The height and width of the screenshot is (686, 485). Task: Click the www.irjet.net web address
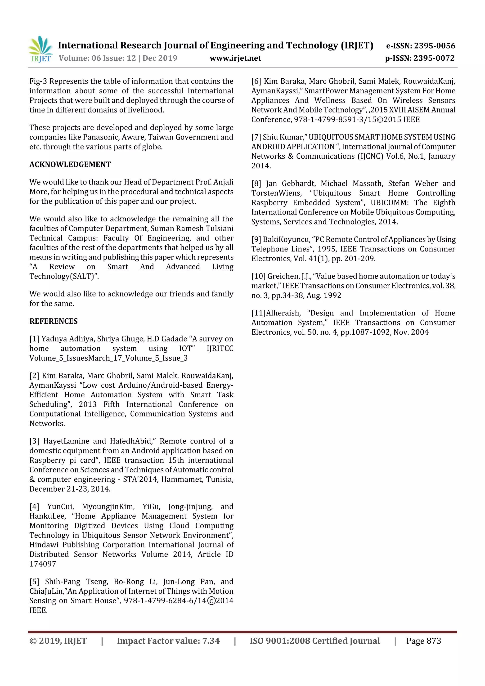click(x=235, y=58)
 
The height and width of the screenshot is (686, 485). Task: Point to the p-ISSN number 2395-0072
click(x=434, y=58)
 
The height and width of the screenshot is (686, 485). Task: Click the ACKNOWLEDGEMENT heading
click(x=70, y=165)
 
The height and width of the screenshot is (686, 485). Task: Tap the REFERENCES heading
click(x=54, y=321)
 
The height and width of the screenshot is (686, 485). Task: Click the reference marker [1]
click(x=34, y=339)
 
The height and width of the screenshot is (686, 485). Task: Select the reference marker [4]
click(x=34, y=507)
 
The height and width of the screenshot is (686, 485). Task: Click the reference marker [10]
click(x=258, y=276)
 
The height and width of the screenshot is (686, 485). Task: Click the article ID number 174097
click(x=43, y=564)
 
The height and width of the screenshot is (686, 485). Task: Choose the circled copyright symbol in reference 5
click(x=211, y=601)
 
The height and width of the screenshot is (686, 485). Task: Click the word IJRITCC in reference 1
click(x=220, y=348)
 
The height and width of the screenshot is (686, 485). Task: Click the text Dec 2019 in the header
click(x=160, y=58)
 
